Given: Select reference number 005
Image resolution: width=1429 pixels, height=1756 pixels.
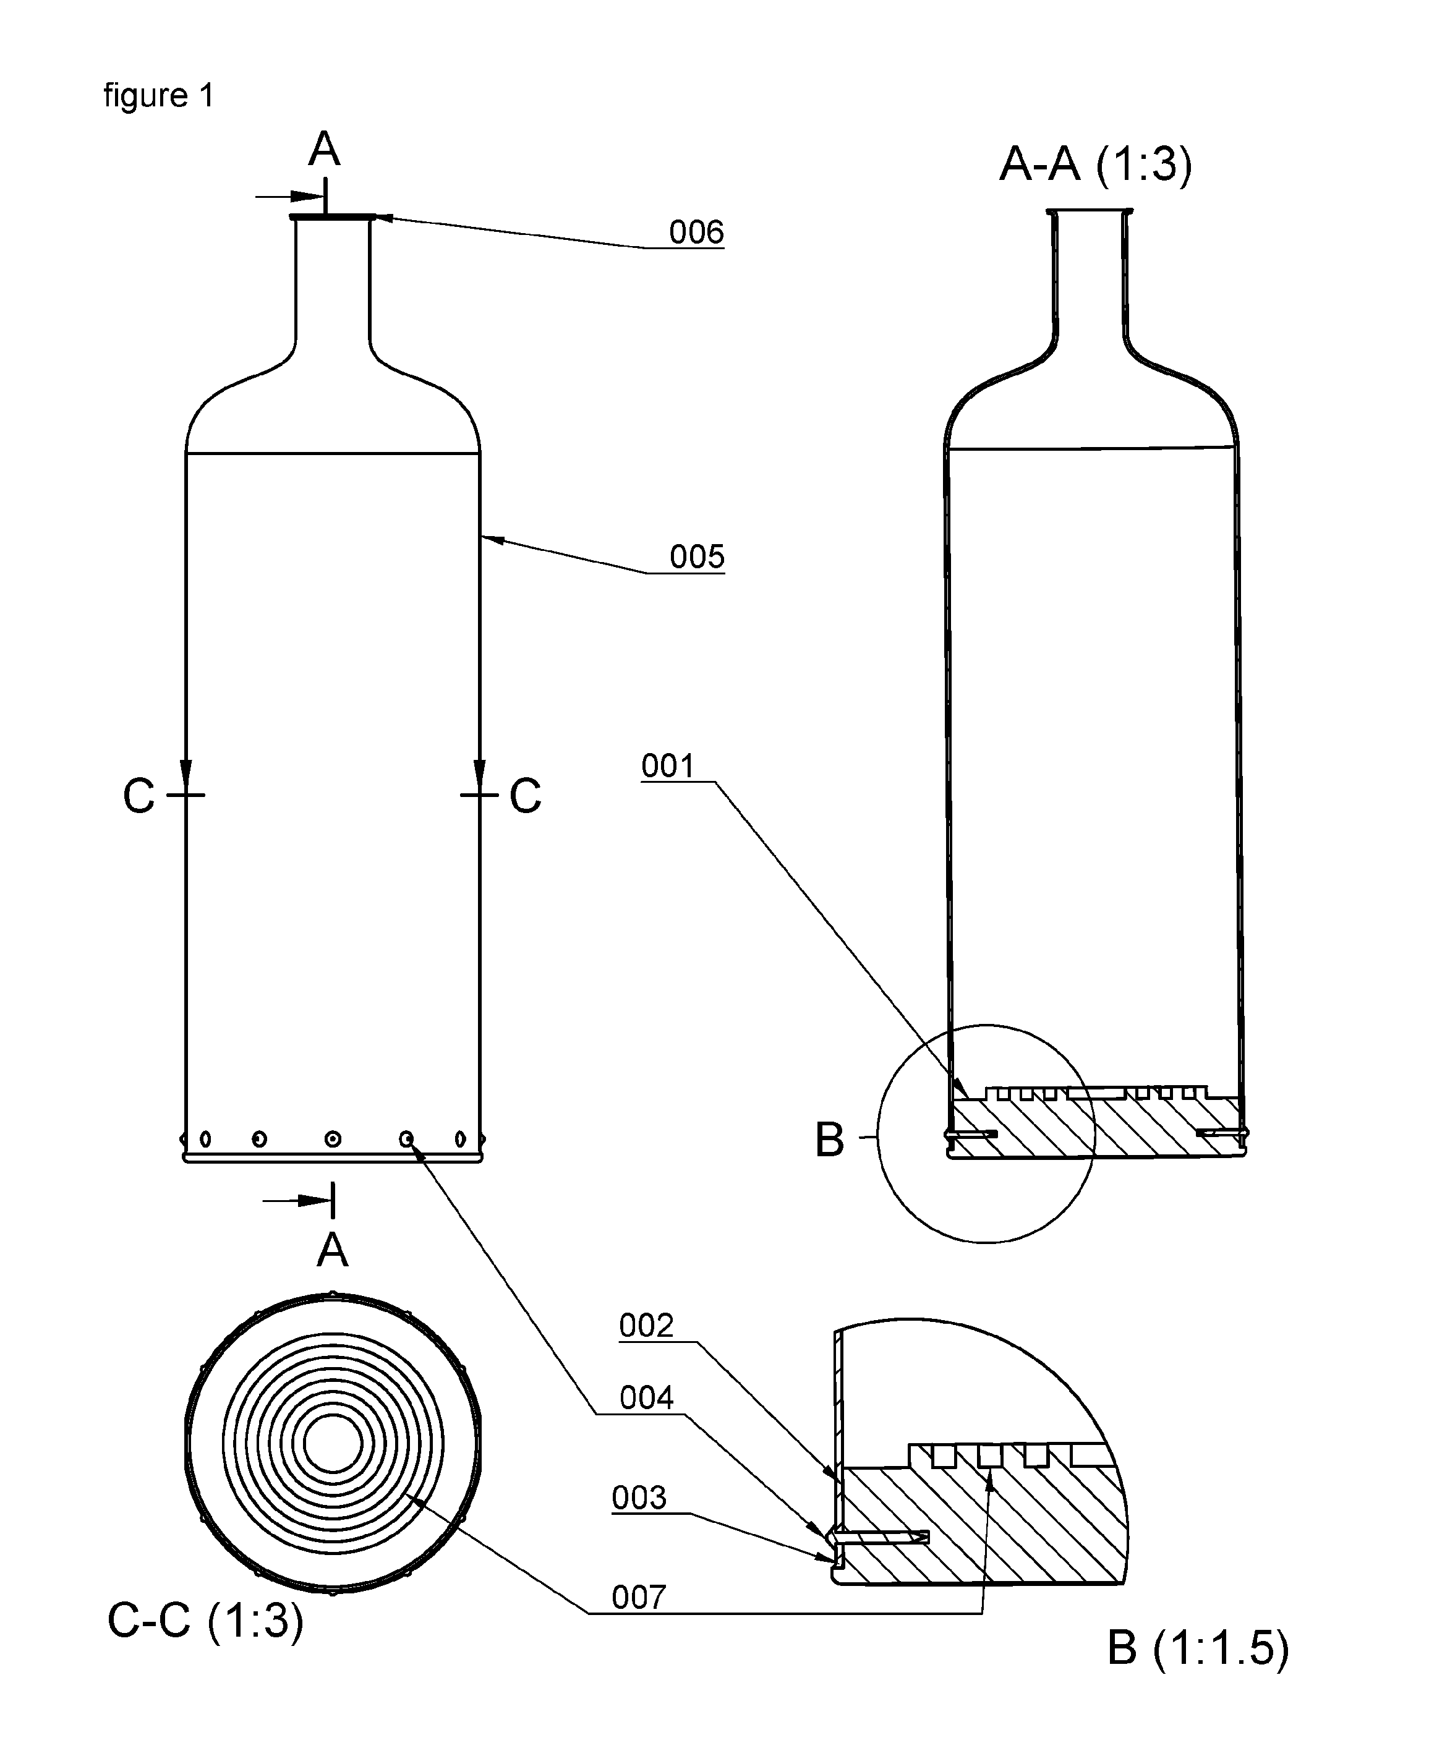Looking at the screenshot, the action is [696, 557].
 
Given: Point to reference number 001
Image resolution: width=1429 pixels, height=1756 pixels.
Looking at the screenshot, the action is [668, 767].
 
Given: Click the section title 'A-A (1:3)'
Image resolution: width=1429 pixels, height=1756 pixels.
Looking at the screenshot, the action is [1096, 164].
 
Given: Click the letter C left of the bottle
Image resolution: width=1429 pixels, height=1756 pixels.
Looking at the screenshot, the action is [139, 796].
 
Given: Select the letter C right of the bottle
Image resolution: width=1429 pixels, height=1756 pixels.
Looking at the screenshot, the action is [525, 796].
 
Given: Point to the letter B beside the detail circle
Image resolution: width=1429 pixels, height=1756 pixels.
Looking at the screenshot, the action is [830, 1140].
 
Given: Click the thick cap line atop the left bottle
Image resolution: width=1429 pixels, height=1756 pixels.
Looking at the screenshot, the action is [333, 218].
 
